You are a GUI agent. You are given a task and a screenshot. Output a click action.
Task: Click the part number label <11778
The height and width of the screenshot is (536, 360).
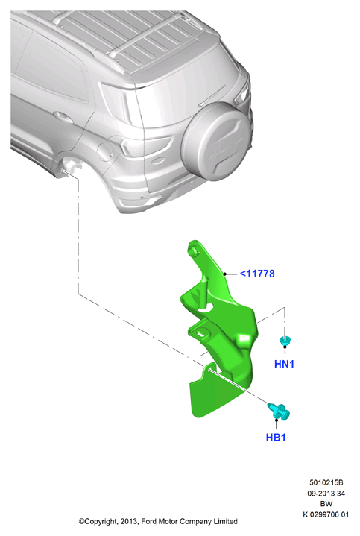click(x=257, y=274)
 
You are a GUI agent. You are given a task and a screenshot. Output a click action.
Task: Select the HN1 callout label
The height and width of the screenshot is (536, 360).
click(x=284, y=364)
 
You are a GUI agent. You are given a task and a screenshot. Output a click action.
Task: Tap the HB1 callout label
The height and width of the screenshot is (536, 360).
click(x=276, y=437)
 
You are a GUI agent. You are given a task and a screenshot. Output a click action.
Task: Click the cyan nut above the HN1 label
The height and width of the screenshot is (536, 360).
click(x=285, y=341)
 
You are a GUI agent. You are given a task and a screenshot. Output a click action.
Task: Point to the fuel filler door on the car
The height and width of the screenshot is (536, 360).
click(x=104, y=152)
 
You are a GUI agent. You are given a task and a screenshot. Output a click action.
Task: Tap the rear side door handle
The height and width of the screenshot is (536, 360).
click(x=63, y=117)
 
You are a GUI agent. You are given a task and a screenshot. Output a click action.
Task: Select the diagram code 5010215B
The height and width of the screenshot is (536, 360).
click(x=326, y=482)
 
